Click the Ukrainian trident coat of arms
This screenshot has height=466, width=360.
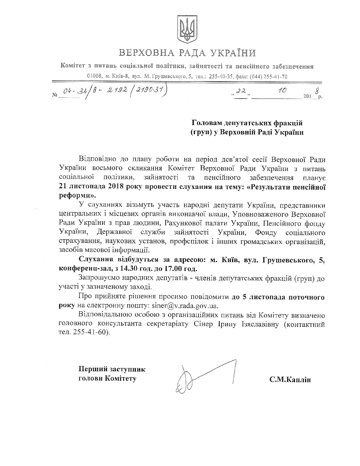(x=187, y=29)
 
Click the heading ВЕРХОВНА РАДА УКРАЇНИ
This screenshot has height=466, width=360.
(x=187, y=53)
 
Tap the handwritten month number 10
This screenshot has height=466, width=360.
(x=282, y=91)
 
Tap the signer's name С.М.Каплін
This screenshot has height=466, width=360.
(x=290, y=380)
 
